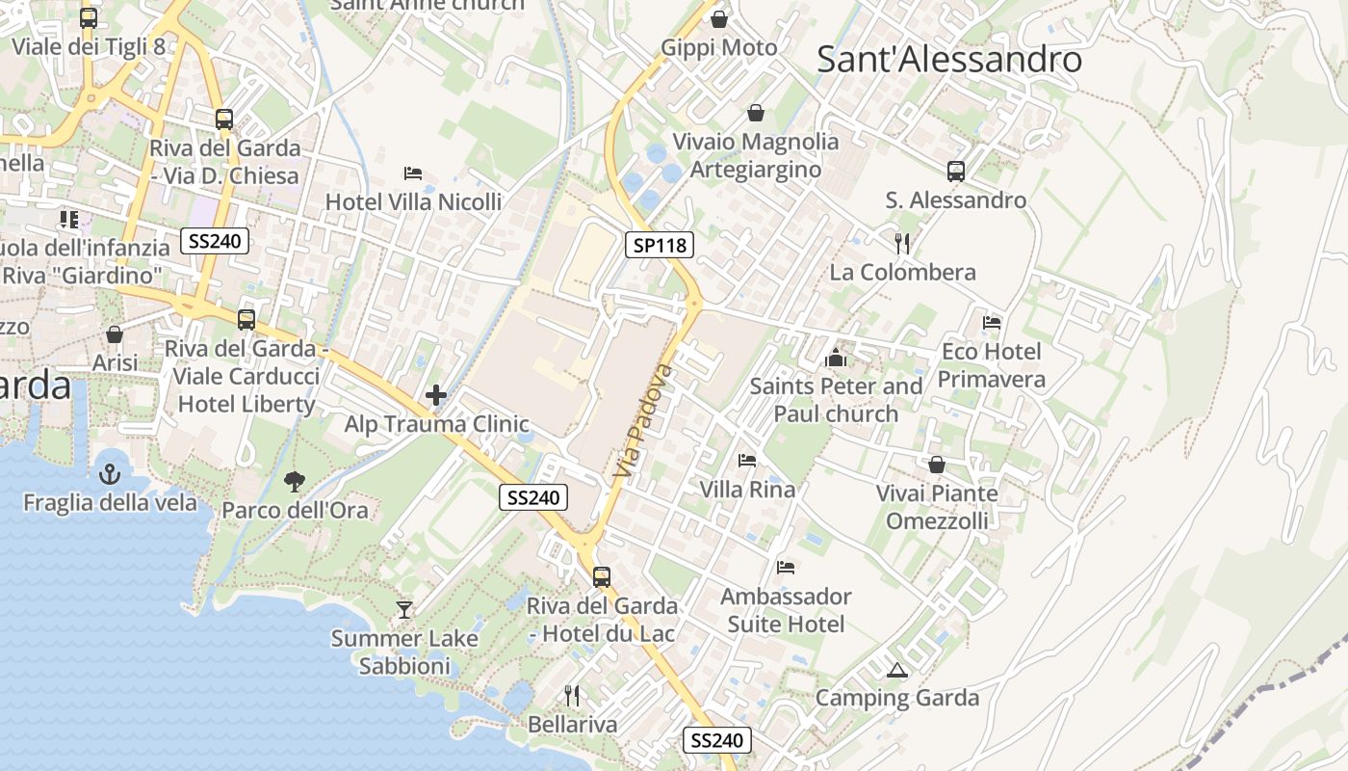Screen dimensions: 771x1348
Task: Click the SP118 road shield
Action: [660, 245]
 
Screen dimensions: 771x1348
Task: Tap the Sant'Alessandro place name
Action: [949, 60]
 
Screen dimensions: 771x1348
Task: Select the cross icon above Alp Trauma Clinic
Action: [436, 395]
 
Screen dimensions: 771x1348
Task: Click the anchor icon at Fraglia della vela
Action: [109, 473]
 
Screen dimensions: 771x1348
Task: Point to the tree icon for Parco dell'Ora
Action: [295, 481]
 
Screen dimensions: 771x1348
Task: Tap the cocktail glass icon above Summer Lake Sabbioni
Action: [404, 609]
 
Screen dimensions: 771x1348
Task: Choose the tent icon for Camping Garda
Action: [897, 670]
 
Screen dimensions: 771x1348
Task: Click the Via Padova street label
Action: [642, 420]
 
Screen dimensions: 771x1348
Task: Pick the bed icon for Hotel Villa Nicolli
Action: [413, 173]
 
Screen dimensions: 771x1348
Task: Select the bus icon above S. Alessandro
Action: [955, 172]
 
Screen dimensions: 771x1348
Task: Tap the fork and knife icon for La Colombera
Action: [902, 243]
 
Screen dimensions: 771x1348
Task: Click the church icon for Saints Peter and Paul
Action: [836, 359]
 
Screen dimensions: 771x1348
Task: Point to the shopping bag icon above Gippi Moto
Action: [719, 18]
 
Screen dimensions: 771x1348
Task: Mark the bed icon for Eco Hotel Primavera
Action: [992, 323]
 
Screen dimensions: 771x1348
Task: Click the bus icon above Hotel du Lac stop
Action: [602, 577]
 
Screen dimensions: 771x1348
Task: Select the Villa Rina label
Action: [747, 490]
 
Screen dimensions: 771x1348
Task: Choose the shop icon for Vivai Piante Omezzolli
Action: [937, 465]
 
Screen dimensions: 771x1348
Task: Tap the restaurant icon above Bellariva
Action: [572, 695]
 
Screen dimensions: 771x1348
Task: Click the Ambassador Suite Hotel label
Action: [786, 610]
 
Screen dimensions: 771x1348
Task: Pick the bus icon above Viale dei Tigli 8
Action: [89, 17]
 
